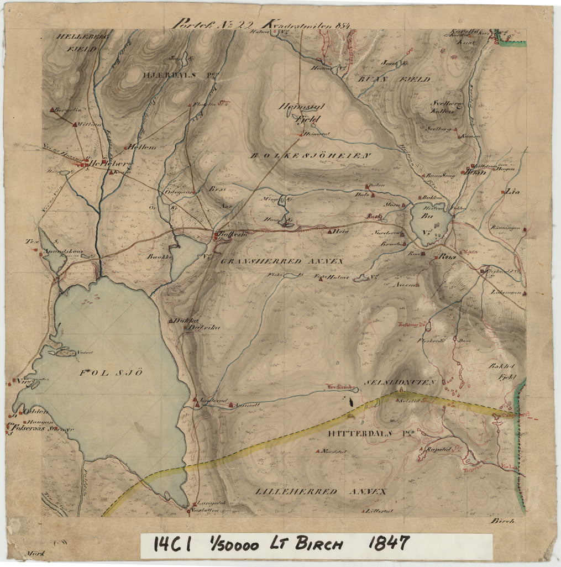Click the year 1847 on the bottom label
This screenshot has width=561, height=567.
389,544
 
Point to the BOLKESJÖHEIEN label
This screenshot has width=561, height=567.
310,156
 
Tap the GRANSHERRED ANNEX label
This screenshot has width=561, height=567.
282,260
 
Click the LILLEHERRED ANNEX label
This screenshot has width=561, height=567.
321,491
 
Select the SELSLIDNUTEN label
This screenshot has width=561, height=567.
401,382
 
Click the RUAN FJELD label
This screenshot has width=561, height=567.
395,80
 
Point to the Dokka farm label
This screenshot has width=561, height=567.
182,320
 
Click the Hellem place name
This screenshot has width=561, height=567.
142,147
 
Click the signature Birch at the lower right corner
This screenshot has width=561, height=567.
502,520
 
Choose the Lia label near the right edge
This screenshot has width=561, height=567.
510,192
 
